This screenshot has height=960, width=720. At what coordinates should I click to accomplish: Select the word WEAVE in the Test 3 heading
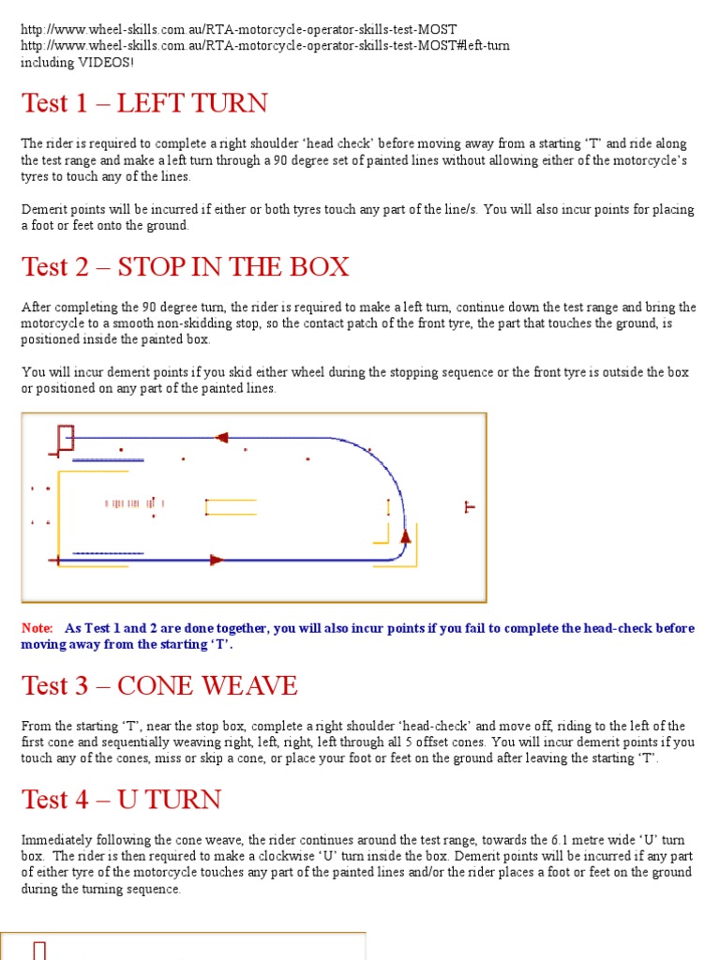tap(253, 686)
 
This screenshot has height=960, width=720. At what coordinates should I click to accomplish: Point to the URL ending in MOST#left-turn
tap(265, 46)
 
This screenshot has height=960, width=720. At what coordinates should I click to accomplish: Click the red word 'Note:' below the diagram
tap(37, 628)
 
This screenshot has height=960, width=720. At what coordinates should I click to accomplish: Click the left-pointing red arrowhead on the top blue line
tap(222, 437)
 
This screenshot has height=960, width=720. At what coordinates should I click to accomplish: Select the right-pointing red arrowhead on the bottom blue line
tap(217, 560)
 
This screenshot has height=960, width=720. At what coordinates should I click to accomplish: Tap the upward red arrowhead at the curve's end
tap(406, 536)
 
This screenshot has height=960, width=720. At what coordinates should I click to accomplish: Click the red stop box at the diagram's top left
tap(65, 438)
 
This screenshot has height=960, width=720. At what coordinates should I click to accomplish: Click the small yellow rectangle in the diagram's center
tap(230, 507)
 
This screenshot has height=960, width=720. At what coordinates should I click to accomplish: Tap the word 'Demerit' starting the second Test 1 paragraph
tap(42, 210)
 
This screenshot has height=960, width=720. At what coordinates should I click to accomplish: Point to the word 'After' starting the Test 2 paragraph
tap(36, 307)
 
